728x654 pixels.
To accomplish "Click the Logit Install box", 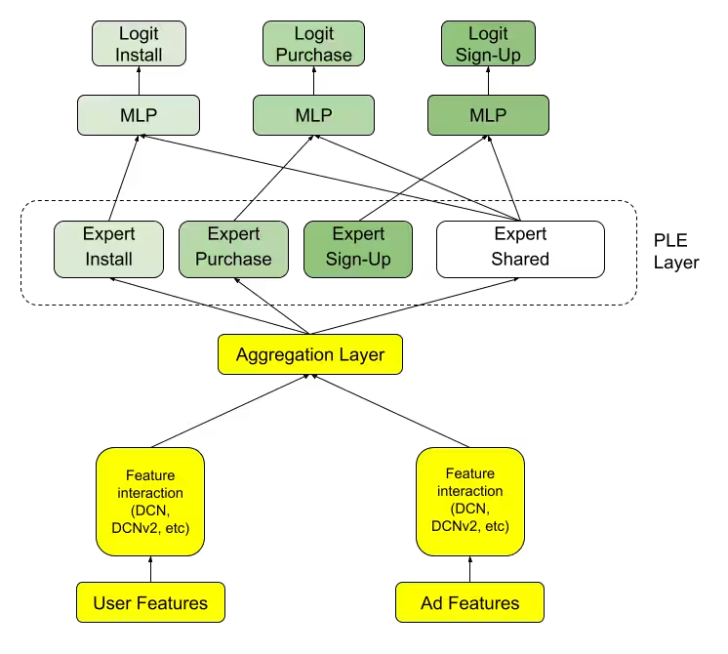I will (139, 44).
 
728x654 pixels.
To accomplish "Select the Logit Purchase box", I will (313, 44).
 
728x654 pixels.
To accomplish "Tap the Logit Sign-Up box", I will (488, 44).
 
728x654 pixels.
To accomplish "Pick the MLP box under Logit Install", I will (139, 115).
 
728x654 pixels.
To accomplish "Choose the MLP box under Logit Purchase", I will (313, 115).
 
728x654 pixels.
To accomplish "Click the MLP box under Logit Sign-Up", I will (488, 115).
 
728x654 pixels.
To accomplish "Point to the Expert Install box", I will (108, 248).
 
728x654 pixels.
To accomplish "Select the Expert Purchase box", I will (233, 248).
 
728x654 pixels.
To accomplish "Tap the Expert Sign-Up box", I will (358, 248).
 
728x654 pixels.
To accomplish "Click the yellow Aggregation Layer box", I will (310, 354).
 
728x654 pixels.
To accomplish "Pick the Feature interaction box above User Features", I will (150, 502).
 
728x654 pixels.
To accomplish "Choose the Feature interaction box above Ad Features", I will (470, 502).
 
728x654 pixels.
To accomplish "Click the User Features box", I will (150, 602).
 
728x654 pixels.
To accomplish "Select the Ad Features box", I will (469, 602).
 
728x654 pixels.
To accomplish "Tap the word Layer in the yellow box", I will (363, 354).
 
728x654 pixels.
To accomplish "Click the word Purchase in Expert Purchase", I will (233, 260).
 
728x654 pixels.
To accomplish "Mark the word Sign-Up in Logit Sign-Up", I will (488, 56).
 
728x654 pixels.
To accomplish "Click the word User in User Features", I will (112, 602).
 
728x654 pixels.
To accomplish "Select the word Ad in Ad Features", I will (432, 602).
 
